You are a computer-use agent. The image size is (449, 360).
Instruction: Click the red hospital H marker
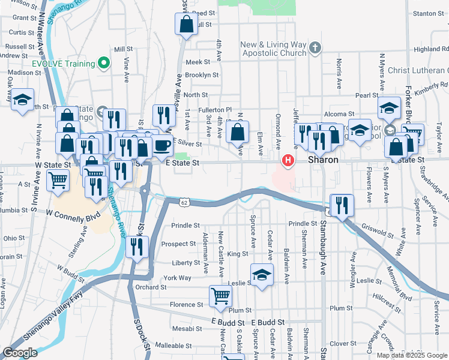(x=289, y=161)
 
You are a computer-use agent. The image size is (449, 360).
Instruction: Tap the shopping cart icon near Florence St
(x=220, y=296)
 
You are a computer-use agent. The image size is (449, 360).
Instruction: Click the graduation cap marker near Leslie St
(x=262, y=275)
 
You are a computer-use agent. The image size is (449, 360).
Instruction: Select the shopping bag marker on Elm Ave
(x=238, y=132)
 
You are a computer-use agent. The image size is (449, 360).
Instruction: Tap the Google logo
(x=20, y=352)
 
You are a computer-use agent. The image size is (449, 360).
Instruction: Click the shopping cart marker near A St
(x=58, y=179)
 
